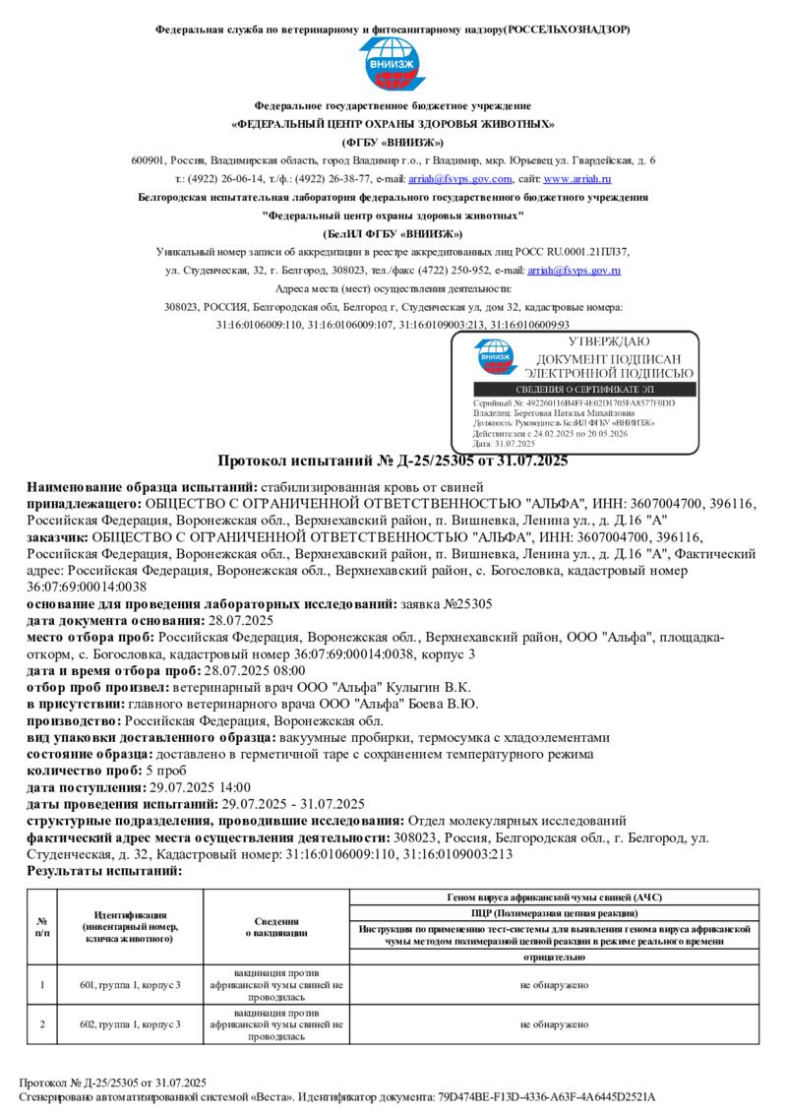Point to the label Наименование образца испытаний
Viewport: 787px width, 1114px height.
click(x=142, y=486)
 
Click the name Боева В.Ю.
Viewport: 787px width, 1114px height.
click(x=444, y=704)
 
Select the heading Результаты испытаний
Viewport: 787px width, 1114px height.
click(x=104, y=871)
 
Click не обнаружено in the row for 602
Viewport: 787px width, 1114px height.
click(x=554, y=1024)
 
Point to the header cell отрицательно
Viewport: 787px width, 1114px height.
click(x=554, y=957)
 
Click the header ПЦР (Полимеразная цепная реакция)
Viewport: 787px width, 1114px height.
click(x=554, y=913)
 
